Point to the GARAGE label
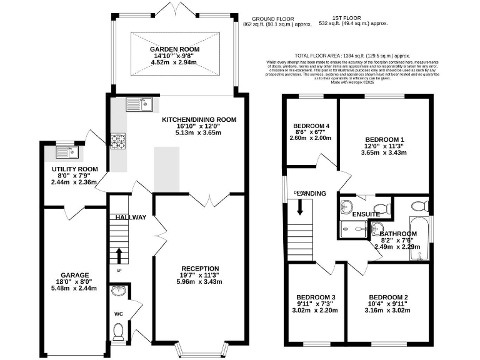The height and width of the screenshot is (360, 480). pos(74,275)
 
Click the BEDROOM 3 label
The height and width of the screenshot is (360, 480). pos(316,297)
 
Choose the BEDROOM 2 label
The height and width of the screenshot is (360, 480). pos(388,297)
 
